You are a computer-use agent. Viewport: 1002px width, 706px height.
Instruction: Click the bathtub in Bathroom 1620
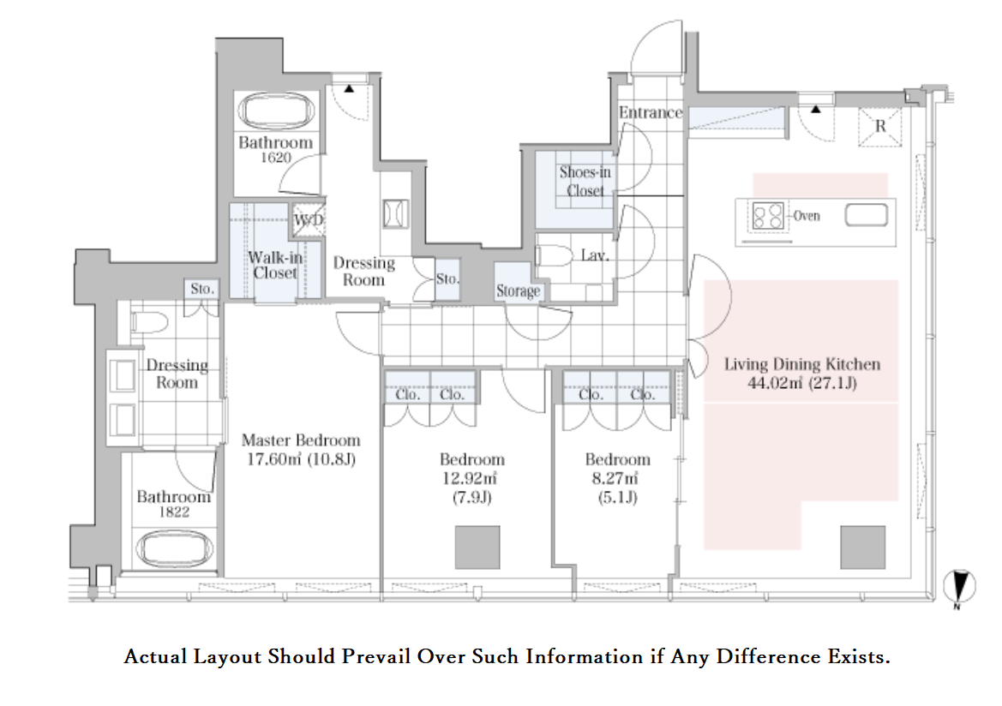pos(277,111)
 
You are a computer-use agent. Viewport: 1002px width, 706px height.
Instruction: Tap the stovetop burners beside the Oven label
pos(767,216)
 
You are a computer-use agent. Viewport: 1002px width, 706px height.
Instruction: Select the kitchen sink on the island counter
pos(866,215)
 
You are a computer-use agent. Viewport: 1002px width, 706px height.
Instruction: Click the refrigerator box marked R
pos(880,127)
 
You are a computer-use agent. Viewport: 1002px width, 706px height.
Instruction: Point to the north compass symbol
pos(959,587)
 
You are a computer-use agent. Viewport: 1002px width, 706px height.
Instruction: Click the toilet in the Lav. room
pos(554,256)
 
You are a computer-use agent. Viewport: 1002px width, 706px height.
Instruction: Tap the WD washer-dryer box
pos(309,220)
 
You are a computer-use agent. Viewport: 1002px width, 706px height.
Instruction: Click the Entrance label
pos(651,112)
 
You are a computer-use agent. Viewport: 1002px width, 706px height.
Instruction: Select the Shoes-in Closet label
pos(585,182)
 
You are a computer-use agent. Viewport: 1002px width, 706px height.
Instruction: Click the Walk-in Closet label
pos(275,265)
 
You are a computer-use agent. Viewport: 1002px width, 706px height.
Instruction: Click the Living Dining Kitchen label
pos(802,364)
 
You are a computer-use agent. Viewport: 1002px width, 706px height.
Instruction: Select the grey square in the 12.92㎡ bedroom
pos(477,547)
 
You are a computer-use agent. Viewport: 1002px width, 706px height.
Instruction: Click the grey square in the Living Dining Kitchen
pos(862,547)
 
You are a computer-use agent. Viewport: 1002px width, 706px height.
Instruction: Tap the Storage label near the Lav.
pos(519,291)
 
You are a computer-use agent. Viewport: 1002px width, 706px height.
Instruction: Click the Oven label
pos(807,216)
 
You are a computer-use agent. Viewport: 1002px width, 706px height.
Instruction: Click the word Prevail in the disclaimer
pos(375,657)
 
